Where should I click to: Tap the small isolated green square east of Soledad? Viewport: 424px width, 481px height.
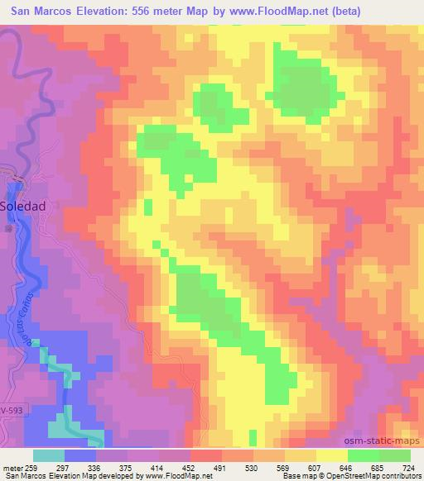tap(148, 205)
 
